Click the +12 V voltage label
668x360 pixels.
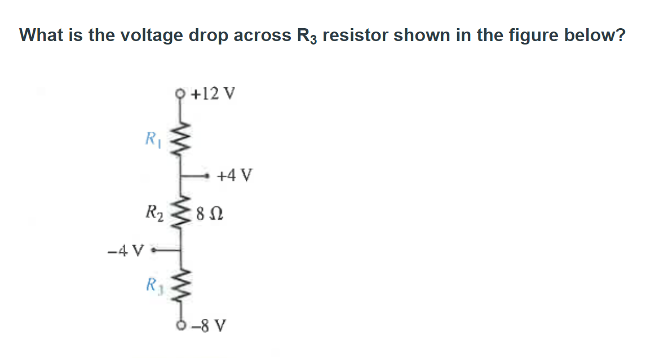tap(213, 93)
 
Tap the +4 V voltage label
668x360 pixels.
tap(235, 176)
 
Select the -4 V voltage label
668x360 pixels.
tap(126, 248)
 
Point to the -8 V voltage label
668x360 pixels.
tap(209, 326)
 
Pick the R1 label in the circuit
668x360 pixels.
tap(153, 137)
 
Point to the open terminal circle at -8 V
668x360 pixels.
tap(181, 325)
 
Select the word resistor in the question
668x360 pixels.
tap(356, 35)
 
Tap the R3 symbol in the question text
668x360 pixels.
tap(307, 36)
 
